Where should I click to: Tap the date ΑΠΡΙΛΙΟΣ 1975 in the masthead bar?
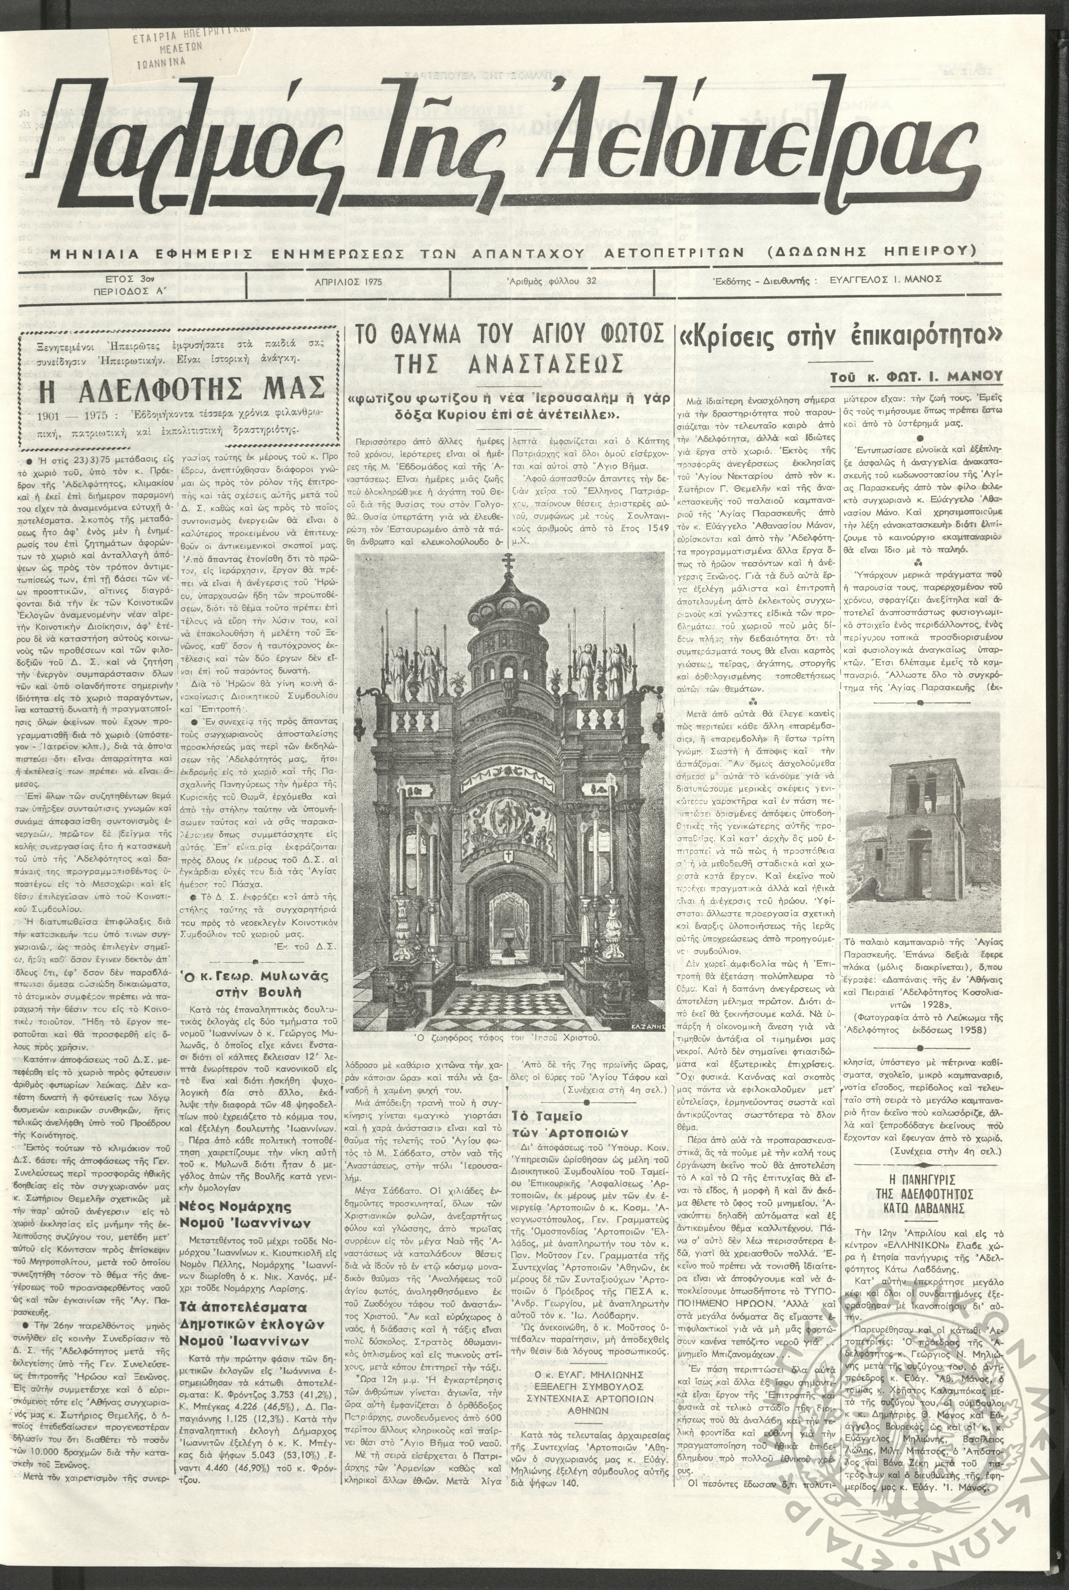click(x=348, y=280)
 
